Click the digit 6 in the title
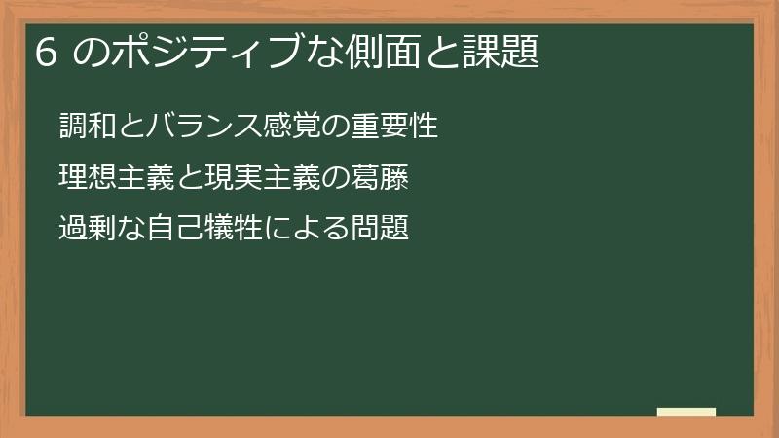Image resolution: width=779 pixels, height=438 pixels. [43, 52]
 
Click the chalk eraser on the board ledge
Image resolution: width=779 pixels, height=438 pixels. [686, 412]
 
